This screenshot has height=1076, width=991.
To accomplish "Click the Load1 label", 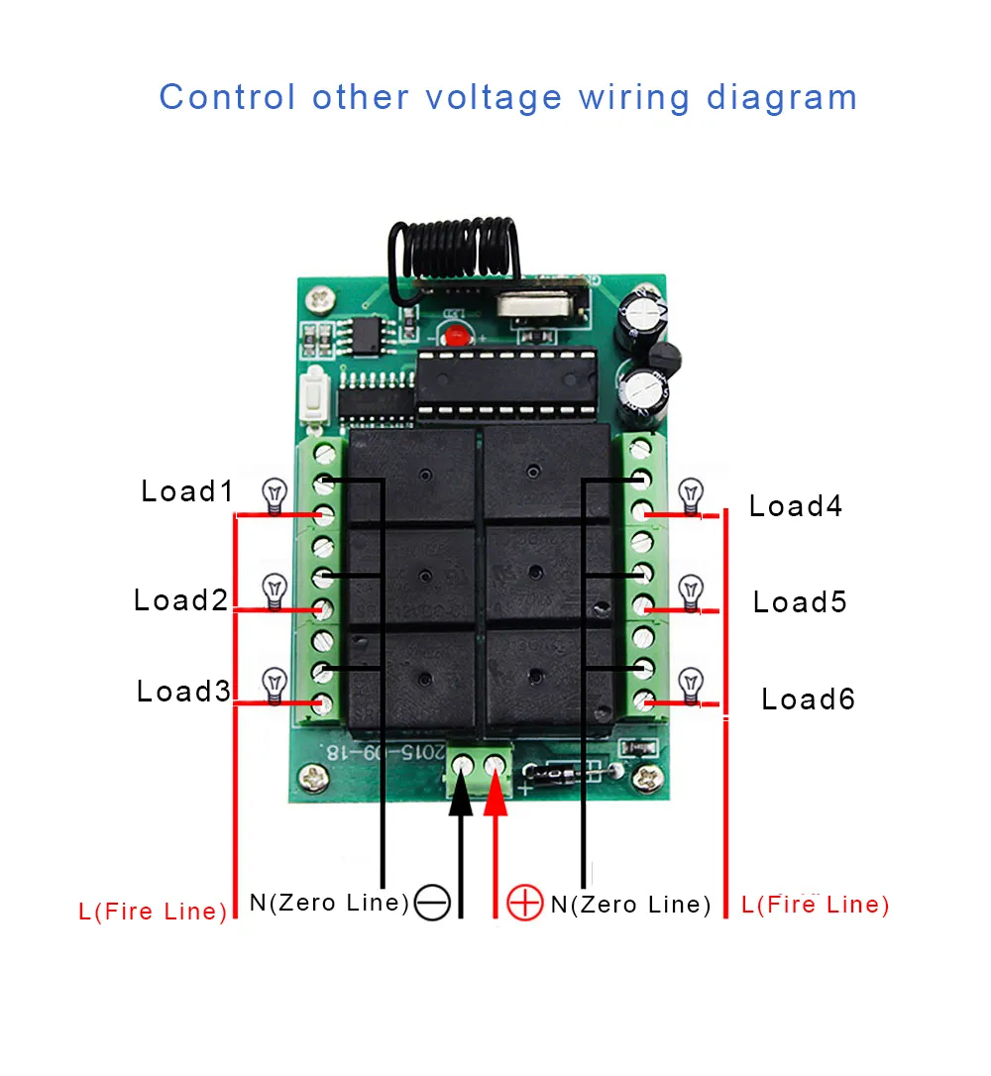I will [186, 491].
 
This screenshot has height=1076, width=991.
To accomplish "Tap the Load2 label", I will [180, 599].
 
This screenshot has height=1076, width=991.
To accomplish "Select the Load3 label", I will [183, 692].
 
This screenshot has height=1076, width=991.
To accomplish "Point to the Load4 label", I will [795, 506].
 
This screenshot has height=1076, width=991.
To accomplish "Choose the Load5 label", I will [800, 602].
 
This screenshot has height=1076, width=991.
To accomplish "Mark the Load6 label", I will [808, 699].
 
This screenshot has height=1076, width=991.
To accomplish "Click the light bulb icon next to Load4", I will [691, 492].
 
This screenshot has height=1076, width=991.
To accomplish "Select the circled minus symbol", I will [433, 903].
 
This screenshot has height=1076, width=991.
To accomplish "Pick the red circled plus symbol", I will [524, 903].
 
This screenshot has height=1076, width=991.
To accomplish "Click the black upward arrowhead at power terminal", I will [461, 799].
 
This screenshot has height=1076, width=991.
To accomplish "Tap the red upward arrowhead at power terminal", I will [495, 799].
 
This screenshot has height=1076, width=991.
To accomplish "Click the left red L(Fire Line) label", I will [154, 911].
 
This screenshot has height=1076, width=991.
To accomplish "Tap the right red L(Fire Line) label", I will [815, 904].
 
